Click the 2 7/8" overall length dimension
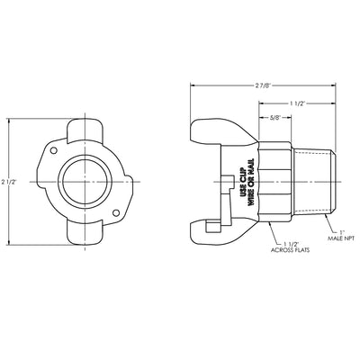pos(263,85)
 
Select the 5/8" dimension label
pos(274,118)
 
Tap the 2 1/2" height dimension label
pos(7,181)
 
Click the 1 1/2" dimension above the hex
pos(297,103)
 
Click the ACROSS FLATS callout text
pos(290,249)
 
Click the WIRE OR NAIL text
pos(251,182)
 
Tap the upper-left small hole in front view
pos(53,150)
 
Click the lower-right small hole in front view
pos(116,212)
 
